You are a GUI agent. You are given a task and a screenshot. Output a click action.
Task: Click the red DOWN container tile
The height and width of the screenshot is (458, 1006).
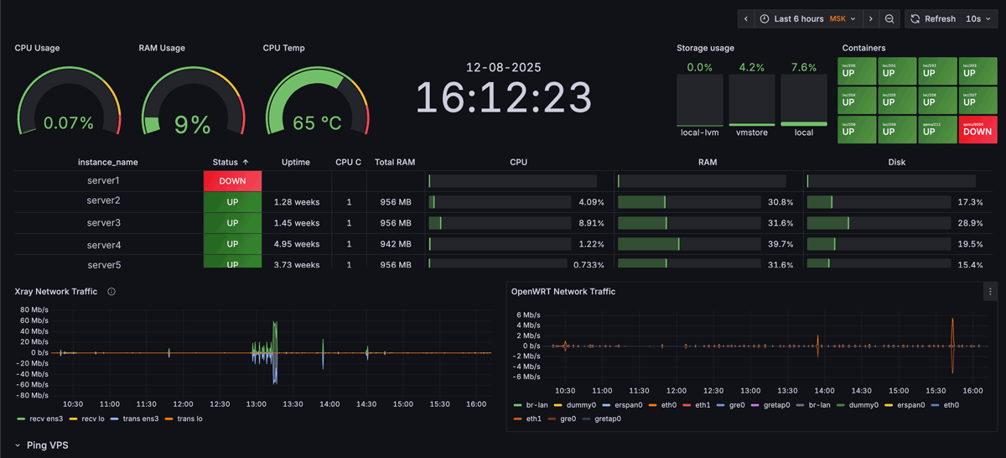(x=977, y=128)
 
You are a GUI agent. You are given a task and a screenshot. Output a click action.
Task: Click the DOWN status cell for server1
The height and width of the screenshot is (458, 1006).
(x=232, y=181)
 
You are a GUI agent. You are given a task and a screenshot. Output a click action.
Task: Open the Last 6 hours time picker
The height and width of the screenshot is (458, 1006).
(x=798, y=18)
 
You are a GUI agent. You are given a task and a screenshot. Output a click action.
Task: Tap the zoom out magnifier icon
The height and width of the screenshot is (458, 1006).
(x=889, y=18)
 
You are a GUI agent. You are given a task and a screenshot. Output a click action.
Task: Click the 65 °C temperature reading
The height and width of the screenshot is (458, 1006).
(x=317, y=123)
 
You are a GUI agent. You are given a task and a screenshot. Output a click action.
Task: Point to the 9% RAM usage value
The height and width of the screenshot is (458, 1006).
(x=192, y=124)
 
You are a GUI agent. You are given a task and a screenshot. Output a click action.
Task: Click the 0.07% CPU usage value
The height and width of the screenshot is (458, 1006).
(x=69, y=123)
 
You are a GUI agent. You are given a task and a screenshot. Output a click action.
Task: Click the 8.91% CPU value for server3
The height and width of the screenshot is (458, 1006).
(x=590, y=223)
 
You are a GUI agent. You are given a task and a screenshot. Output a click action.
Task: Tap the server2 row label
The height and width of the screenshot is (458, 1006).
(x=104, y=200)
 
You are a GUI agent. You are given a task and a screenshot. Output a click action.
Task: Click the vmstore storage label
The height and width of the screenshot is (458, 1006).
(x=752, y=133)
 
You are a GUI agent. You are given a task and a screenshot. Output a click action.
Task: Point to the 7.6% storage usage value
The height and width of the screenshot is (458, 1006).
(x=803, y=67)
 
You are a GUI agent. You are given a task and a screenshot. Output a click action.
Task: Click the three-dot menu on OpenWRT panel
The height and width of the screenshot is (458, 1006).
(x=990, y=292)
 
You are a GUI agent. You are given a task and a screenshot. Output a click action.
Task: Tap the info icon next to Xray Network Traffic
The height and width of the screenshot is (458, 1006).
(x=111, y=292)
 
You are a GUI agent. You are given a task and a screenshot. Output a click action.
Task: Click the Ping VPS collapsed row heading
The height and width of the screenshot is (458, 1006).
(x=47, y=445)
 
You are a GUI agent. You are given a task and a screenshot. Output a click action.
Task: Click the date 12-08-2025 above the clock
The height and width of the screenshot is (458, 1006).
(x=503, y=67)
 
